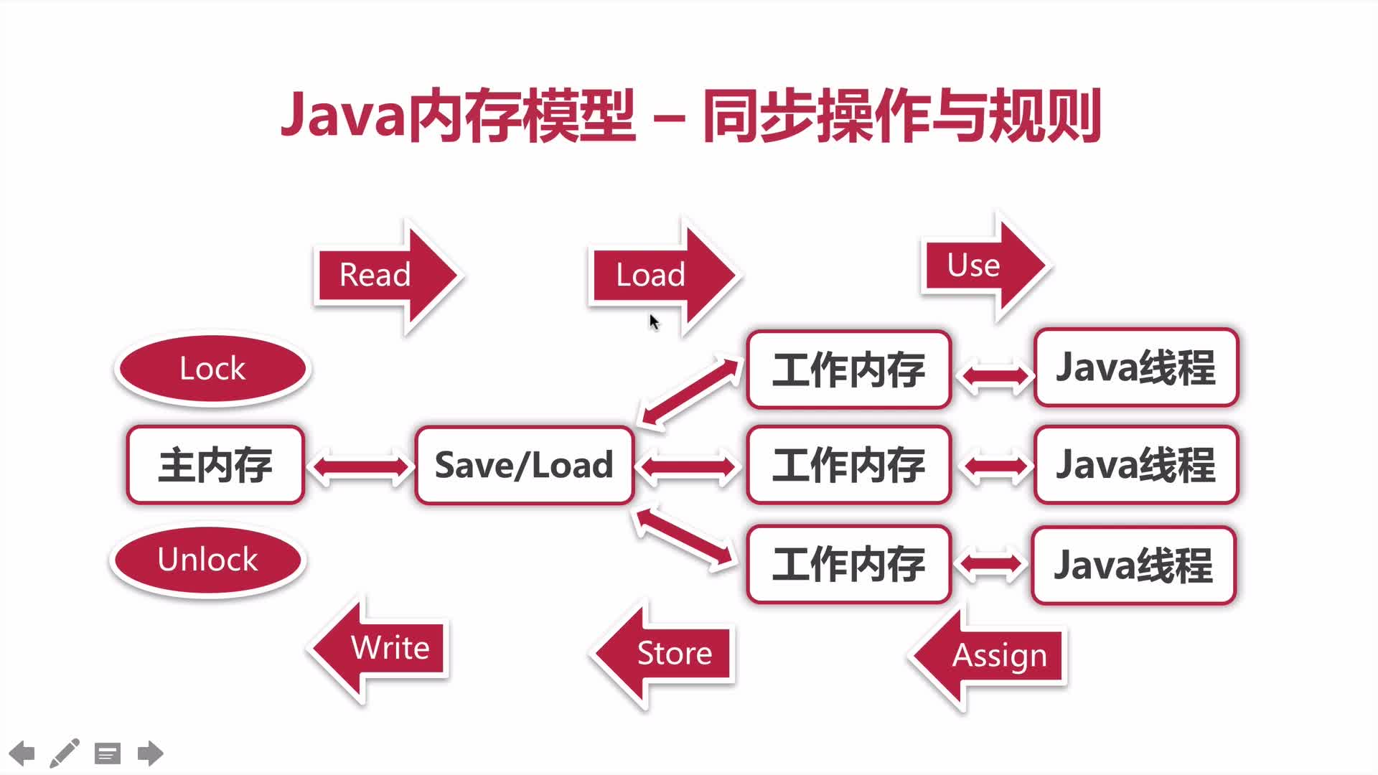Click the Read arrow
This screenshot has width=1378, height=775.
(x=384, y=276)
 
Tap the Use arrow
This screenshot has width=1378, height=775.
(x=983, y=266)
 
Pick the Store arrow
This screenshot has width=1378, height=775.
(x=664, y=654)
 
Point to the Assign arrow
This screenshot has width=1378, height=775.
(x=990, y=656)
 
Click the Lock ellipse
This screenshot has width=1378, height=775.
(x=212, y=369)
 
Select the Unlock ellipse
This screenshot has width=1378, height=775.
(x=208, y=560)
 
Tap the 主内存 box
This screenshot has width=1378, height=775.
(x=215, y=465)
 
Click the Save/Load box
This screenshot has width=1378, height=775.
(x=524, y=465)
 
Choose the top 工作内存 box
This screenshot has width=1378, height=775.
(x=848, y=370)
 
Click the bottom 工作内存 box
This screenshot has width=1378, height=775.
(x=848, y=564)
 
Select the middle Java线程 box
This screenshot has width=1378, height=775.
(x=1135, y=465)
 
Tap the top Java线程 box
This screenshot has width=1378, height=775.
(x=1135, y=367)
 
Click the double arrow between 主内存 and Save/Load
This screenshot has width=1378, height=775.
(x=360, y=467)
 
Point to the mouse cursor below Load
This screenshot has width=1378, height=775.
(x=654, y=322)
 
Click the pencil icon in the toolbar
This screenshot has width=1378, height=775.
(x=64, y=753)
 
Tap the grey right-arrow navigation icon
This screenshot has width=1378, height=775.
(x=150, y=753)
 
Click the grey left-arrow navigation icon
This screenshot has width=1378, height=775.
(x=22, y=753)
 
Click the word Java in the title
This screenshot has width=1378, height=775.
(x=343, y=115)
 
